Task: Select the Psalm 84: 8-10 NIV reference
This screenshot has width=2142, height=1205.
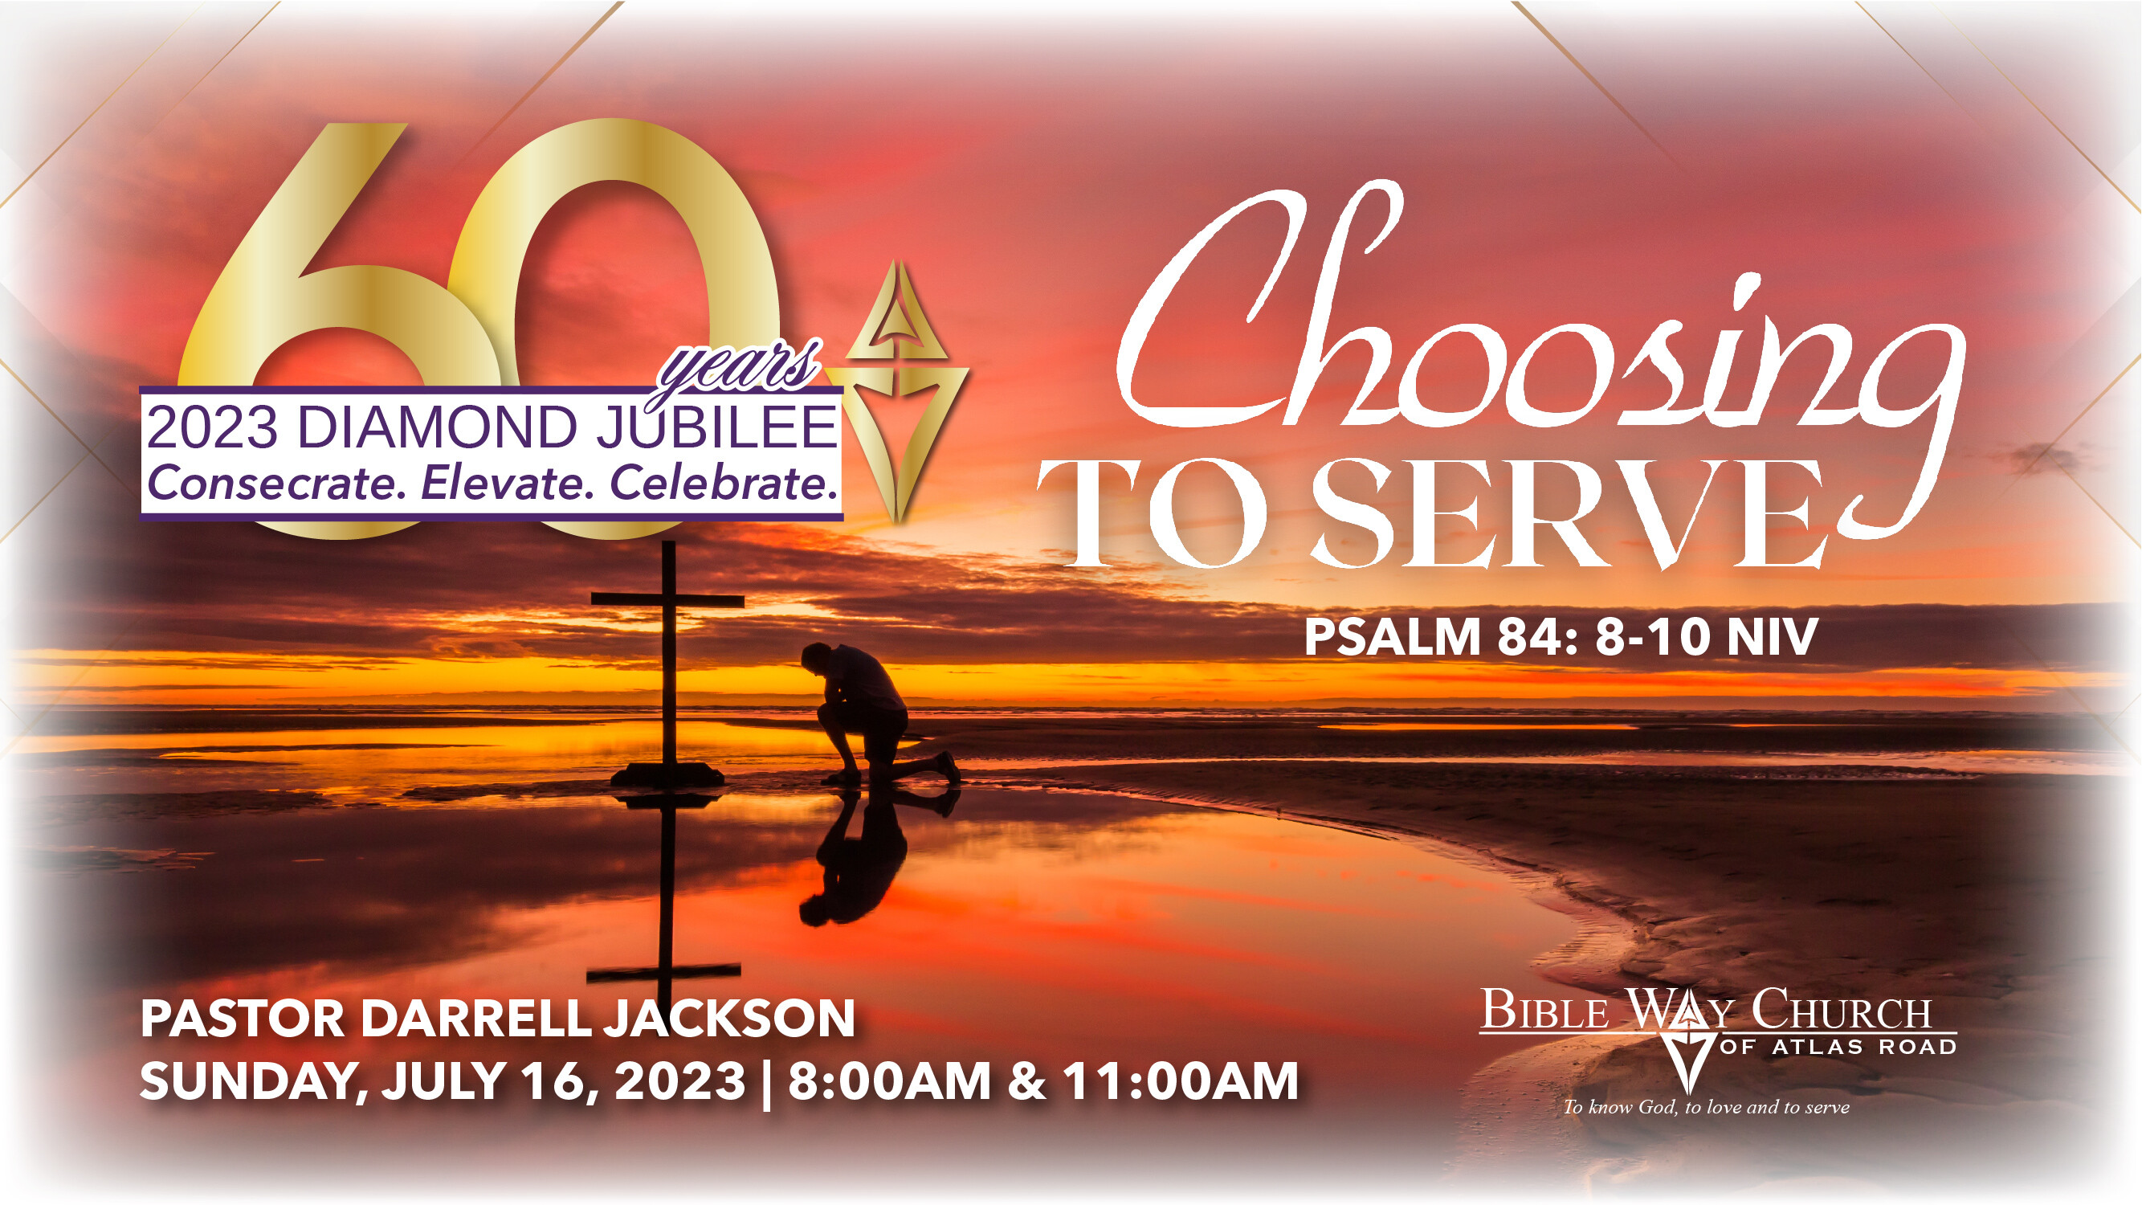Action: (1561, 637)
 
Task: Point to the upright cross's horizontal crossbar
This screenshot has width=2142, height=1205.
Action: (667, 599)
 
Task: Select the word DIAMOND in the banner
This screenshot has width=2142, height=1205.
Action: (437, 427)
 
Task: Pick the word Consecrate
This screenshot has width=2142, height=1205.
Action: (277, 484)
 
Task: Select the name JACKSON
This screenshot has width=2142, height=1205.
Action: (730, 1019)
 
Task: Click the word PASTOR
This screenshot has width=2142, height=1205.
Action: (242, 1019)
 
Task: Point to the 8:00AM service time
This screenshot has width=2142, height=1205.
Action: (889, 1081)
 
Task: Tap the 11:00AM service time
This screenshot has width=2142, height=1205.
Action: (1180, 1081)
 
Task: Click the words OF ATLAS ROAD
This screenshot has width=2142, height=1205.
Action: (1838, 1047)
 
